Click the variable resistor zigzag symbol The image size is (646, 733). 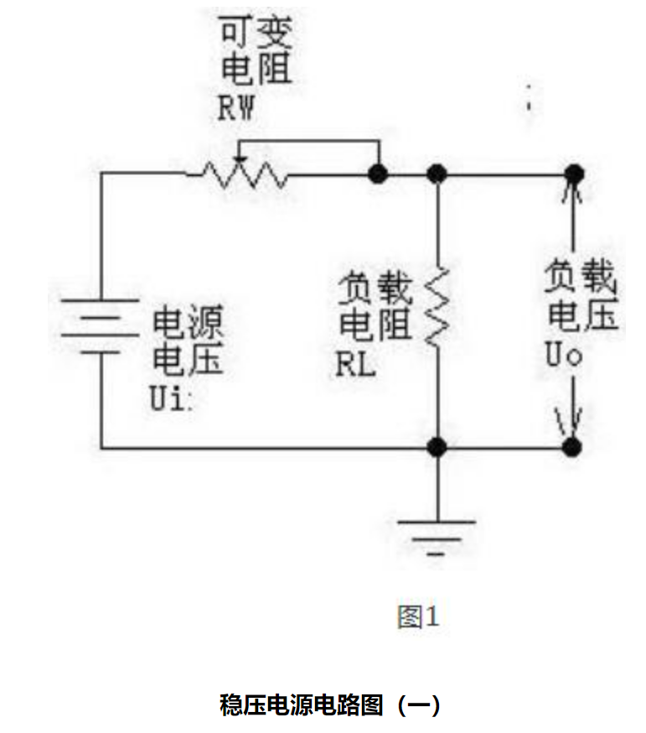(x=237, y=174)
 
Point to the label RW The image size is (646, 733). (x=239, y=109)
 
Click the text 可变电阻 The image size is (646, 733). (x=256, y=53)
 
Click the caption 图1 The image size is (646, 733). (x=417, y=617)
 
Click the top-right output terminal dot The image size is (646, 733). (x=573, y=173)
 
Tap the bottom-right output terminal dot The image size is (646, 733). (x=572, y=447)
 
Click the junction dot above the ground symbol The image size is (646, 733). (x=436, y=447)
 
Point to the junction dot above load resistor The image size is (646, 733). (x=436, y=174)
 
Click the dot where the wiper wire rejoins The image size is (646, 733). (x=378, y=174)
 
